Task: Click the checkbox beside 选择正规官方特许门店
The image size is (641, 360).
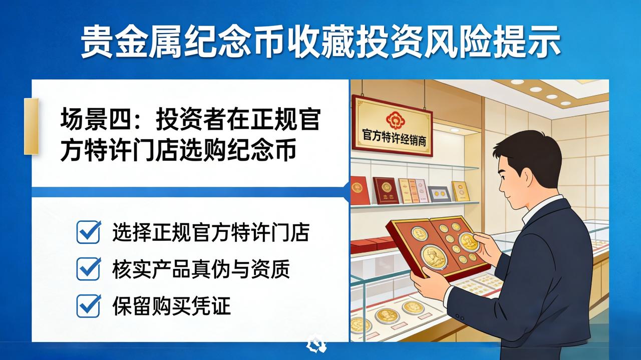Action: [x=89, y=232]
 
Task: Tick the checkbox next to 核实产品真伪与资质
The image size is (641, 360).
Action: [x=89, y=268]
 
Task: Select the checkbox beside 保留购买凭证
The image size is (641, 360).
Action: [x=89, y=305]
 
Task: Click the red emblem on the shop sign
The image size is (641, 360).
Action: [x=396, y=120]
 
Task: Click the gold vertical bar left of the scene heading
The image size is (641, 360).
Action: [x=31, y=127]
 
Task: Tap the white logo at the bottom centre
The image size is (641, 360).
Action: [x=316, y=343]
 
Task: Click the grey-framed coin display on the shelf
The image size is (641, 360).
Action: [x=439, y=194]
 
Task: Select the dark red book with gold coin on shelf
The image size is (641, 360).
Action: [x=386, y=190]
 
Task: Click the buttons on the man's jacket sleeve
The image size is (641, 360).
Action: [x=459, y=317]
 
